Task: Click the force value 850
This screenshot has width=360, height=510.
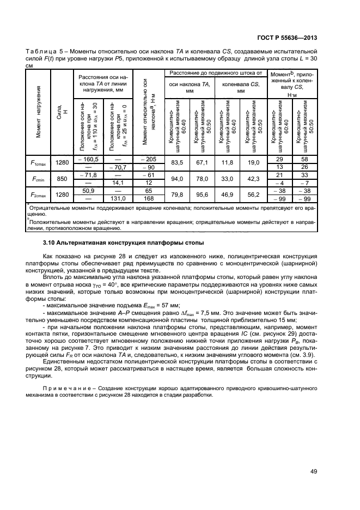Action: (x=63, y=178)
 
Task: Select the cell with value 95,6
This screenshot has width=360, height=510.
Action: (x=202, y=194)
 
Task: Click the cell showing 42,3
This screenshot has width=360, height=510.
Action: (x=253, y=178)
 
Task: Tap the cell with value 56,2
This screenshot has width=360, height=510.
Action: (x=253, y=194)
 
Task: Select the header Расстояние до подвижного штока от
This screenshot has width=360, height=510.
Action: (x=216, y=72)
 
